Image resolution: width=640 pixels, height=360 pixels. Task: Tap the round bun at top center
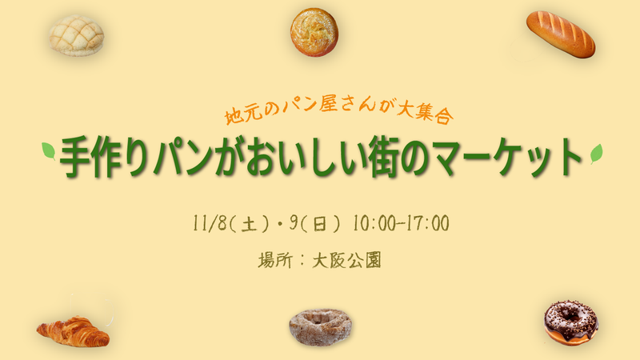[314, 32]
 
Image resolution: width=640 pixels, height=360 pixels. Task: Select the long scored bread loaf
[560, 34]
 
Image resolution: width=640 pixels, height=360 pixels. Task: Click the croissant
[73, 330]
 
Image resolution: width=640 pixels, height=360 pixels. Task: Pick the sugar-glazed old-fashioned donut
[320, 326]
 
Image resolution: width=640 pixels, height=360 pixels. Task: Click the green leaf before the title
[49, 151]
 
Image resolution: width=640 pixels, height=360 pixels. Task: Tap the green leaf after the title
[595, 152]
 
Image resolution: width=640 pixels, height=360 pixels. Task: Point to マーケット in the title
[504, 158]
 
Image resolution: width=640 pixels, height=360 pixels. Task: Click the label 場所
[277, 260]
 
